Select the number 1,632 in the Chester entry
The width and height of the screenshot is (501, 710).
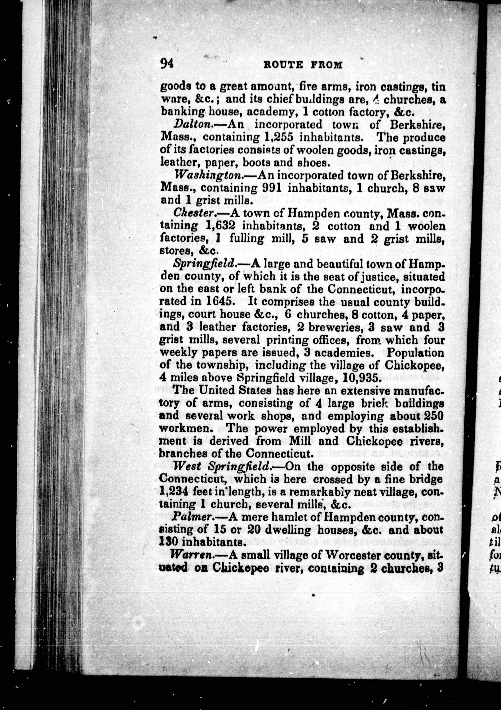(x=221, y=226)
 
